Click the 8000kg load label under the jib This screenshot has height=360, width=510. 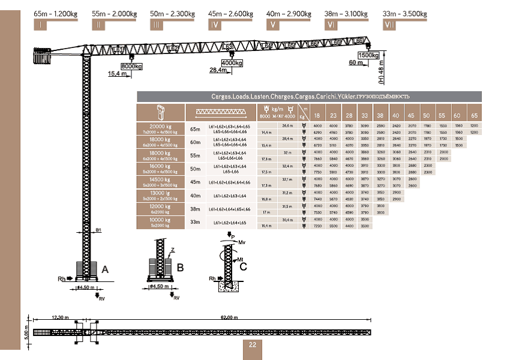[131, 66]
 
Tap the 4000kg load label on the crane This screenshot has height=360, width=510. [231, 62]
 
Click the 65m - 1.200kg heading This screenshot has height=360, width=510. [57, 14]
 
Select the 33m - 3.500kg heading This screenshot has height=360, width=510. [406, 14]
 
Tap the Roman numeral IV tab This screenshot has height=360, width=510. [214, 25]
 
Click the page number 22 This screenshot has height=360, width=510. [252, 344]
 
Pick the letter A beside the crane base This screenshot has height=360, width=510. [106, 269]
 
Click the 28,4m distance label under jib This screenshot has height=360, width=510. [218, 70]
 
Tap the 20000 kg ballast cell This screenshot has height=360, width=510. [160, 128]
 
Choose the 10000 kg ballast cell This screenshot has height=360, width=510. [160, 222]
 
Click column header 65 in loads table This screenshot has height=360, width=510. [473, 115]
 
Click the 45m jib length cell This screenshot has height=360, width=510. [195, 182]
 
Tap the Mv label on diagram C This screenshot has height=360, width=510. [243, 242]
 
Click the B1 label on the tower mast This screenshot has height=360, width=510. [98, 229]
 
